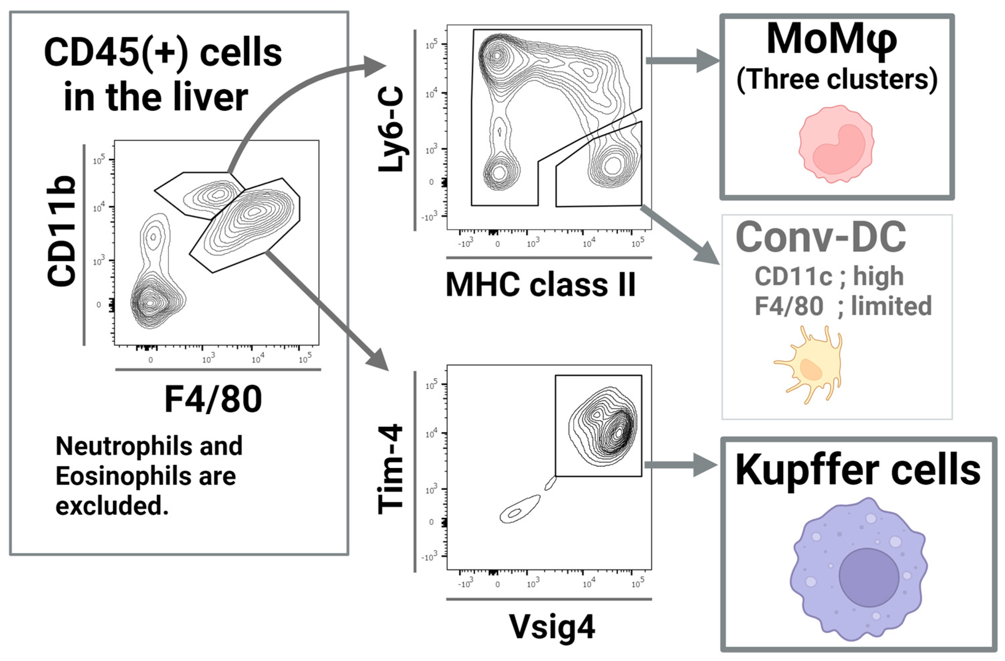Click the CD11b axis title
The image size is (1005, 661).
click(x=62, y=232)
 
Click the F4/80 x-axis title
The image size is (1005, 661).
click(x=213, y=400)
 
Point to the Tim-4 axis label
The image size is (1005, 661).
click(x=391, y=470)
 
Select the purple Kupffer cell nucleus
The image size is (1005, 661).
click(x=868, y=577)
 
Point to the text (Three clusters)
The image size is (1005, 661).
click(x=837, y=79)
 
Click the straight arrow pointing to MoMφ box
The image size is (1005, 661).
click(x=682, y=60)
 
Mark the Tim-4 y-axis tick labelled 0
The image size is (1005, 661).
click(x=431, y=522)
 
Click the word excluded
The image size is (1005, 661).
click(x=112, y=506)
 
